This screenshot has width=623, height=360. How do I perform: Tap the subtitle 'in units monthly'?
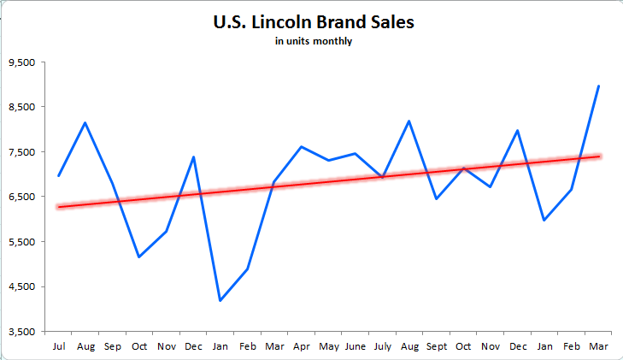313,40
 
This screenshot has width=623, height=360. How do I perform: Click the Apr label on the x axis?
302,346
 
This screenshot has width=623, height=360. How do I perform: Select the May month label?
329,346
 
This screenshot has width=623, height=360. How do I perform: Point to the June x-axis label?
356,346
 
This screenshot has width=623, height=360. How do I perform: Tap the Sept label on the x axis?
437,346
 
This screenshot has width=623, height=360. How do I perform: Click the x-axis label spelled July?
382,346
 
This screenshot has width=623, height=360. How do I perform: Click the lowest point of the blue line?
220,300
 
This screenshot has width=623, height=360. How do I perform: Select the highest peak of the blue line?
598,86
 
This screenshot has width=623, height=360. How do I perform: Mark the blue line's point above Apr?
302,147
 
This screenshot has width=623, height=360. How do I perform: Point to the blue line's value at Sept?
437,198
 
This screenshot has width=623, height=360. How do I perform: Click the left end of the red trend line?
58,207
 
